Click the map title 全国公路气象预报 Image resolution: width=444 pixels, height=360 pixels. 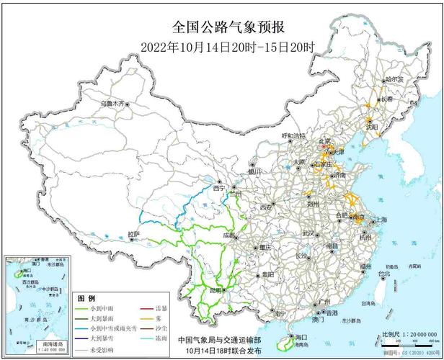(x=228, y=27)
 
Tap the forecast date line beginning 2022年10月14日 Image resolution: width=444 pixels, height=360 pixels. (x=228, y=48)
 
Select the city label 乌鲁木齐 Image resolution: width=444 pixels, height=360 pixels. (x=112, y=103)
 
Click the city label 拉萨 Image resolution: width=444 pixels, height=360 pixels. (x=133, y=234)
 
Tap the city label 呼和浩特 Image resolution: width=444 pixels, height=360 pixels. (x=293, y=135)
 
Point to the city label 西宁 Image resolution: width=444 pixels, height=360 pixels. (x=218, y=189)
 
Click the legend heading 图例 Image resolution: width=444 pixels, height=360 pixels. (x=86, y=299)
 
